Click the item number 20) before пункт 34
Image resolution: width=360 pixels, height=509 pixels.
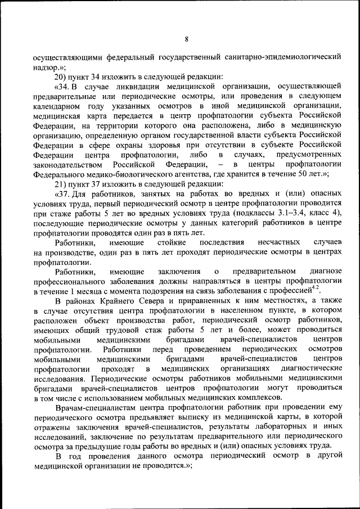pos(61,76)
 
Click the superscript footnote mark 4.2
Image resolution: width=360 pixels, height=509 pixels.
pos(316,288)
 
